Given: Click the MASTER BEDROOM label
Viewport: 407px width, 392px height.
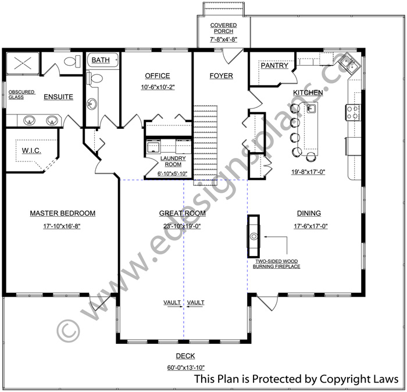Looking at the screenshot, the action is [63, 213].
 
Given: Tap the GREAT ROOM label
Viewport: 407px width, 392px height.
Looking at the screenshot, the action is [182, 213].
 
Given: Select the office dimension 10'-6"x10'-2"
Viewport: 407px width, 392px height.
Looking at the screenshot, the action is [158, 87].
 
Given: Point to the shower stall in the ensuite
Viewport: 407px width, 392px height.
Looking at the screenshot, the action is [23, 63].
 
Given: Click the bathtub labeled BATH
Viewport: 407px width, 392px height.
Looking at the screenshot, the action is [102, 60].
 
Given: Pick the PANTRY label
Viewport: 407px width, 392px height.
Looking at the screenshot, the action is [274, 65].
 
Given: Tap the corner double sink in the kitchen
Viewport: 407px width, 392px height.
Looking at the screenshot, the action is [349, 63].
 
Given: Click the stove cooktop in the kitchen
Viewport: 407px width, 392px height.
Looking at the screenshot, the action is [352, 113].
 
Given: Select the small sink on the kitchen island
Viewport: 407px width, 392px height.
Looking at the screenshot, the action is [312, 108].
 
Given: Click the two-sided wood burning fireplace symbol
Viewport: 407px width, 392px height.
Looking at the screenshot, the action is [254, 236].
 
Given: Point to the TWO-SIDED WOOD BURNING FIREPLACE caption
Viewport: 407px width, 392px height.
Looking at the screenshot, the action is [276, 264].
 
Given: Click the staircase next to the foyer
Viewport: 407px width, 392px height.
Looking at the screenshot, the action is [205, 145].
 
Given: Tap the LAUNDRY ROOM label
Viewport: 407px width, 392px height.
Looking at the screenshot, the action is [173, 161].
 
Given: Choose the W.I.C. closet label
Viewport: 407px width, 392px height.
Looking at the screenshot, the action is [31, 150].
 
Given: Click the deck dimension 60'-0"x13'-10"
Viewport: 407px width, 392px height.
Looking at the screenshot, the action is [186, 368].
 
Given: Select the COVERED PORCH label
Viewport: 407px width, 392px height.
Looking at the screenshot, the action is [223, 28].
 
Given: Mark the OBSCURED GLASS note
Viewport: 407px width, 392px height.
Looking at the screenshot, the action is [22, 95].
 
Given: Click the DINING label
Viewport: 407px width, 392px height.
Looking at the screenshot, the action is [309, 213].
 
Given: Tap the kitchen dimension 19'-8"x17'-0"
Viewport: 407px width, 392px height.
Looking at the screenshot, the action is [308, 172].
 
